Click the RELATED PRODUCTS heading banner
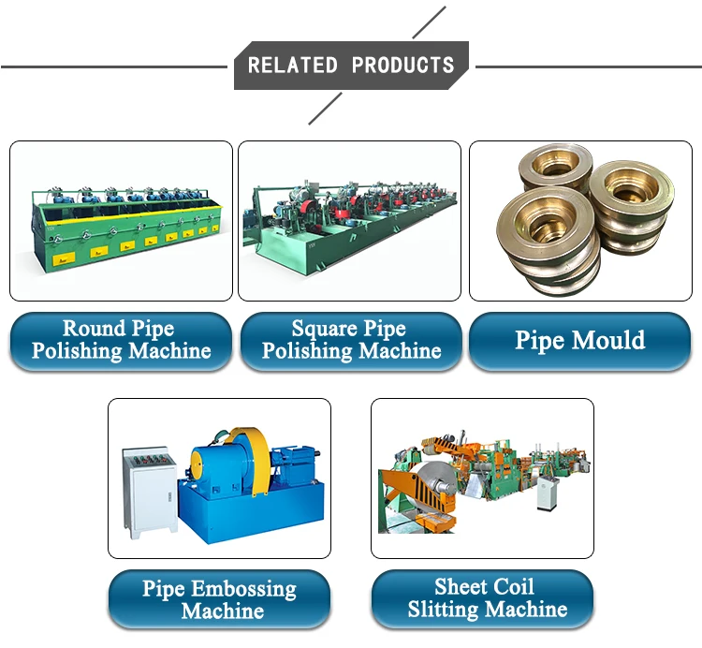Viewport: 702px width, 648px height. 350,66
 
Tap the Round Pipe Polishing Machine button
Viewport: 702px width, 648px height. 121,341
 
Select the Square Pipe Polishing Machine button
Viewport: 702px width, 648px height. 351,341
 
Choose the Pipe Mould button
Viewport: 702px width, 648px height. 579,341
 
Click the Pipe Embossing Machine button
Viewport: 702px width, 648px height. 219,600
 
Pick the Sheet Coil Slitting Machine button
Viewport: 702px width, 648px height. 484,599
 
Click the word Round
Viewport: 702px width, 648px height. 93,329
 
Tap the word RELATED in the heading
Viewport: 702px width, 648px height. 293,66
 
